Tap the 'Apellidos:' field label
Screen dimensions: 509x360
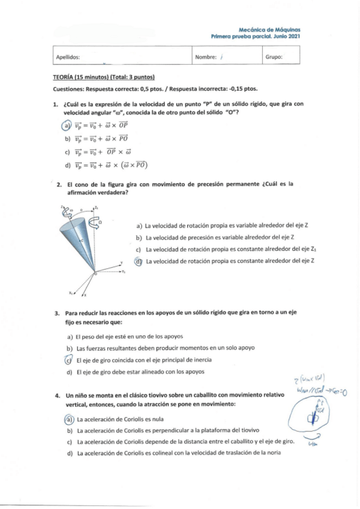click(x=68, y=58)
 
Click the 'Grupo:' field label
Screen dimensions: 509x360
click(x=274, y=58)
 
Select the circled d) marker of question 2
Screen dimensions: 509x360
click(x=138, y=261)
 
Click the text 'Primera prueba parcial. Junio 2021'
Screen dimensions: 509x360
click(x=256, y=37)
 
